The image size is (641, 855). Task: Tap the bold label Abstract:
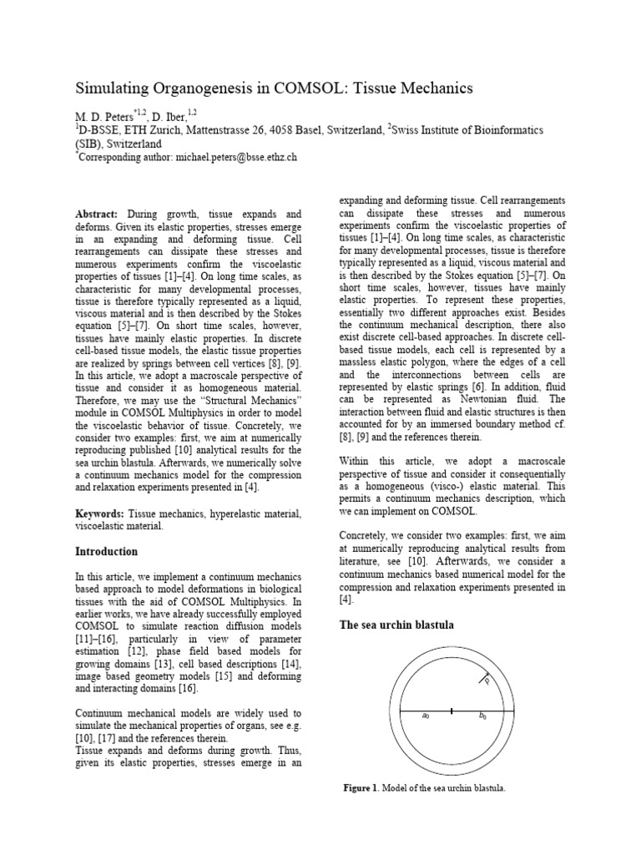[98, 215]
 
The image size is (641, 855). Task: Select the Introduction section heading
[107, 552]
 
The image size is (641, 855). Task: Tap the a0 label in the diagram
[426, 716]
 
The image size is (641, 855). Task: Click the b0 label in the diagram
[482, 716]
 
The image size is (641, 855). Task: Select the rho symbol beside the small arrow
[487, 680]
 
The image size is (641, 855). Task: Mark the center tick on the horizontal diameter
[452, 711]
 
